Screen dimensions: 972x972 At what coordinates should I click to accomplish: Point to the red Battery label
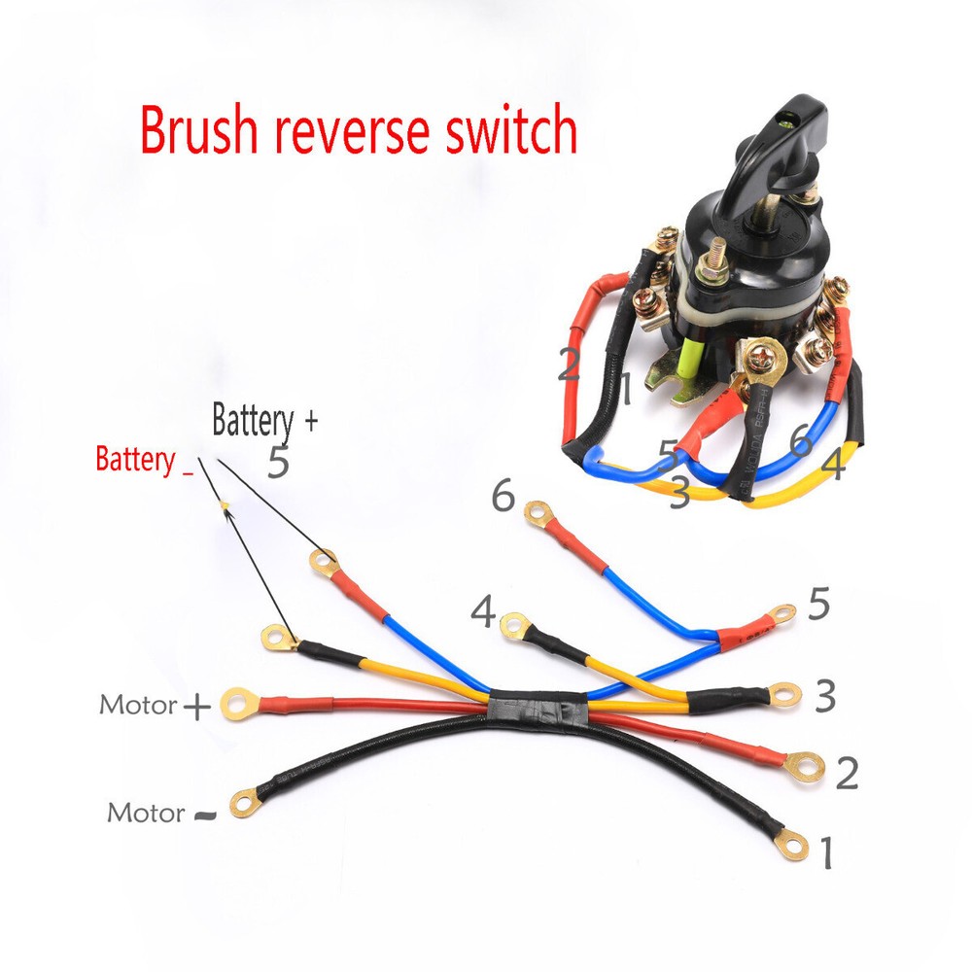pos(136,460)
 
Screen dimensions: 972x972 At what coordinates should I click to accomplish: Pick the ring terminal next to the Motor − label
pos(245,803)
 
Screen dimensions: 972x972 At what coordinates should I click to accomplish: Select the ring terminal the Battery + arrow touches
pos(324,561)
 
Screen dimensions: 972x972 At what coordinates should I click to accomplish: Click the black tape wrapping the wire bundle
pos(537,709)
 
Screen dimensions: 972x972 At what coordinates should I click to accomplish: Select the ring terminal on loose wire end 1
pos(795,846)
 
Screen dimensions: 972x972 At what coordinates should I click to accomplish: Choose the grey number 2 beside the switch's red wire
pos(571,364)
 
